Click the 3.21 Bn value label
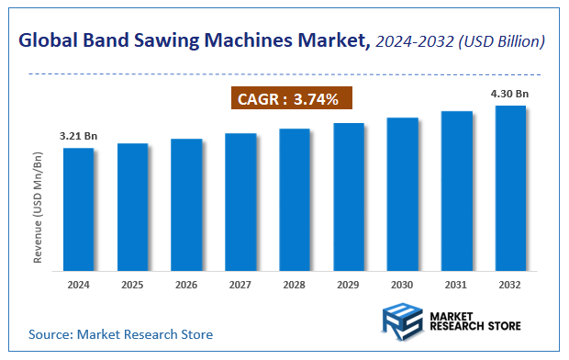[78, 136]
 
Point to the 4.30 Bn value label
[510, 94]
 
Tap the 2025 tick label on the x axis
[132, 284]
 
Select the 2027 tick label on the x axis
[240, 284]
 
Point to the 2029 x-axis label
[348, 284]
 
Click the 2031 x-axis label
[456, 284]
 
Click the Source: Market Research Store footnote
[120, 334]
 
